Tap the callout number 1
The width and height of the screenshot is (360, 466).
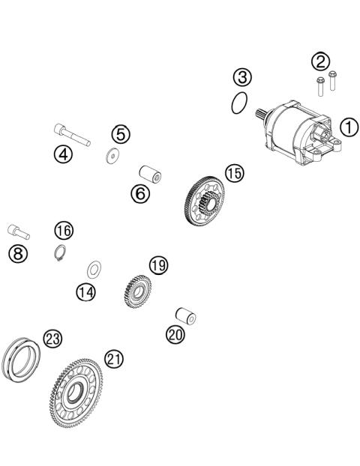(349, 127)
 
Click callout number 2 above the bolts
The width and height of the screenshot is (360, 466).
(321, 61)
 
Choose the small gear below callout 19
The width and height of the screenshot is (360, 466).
(136, 290)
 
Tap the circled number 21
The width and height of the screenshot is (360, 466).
(113, 359)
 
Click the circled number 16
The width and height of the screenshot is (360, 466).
(64, 229)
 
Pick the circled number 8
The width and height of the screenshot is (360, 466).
(16, 253)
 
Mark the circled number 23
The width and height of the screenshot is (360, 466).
(51, 339)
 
